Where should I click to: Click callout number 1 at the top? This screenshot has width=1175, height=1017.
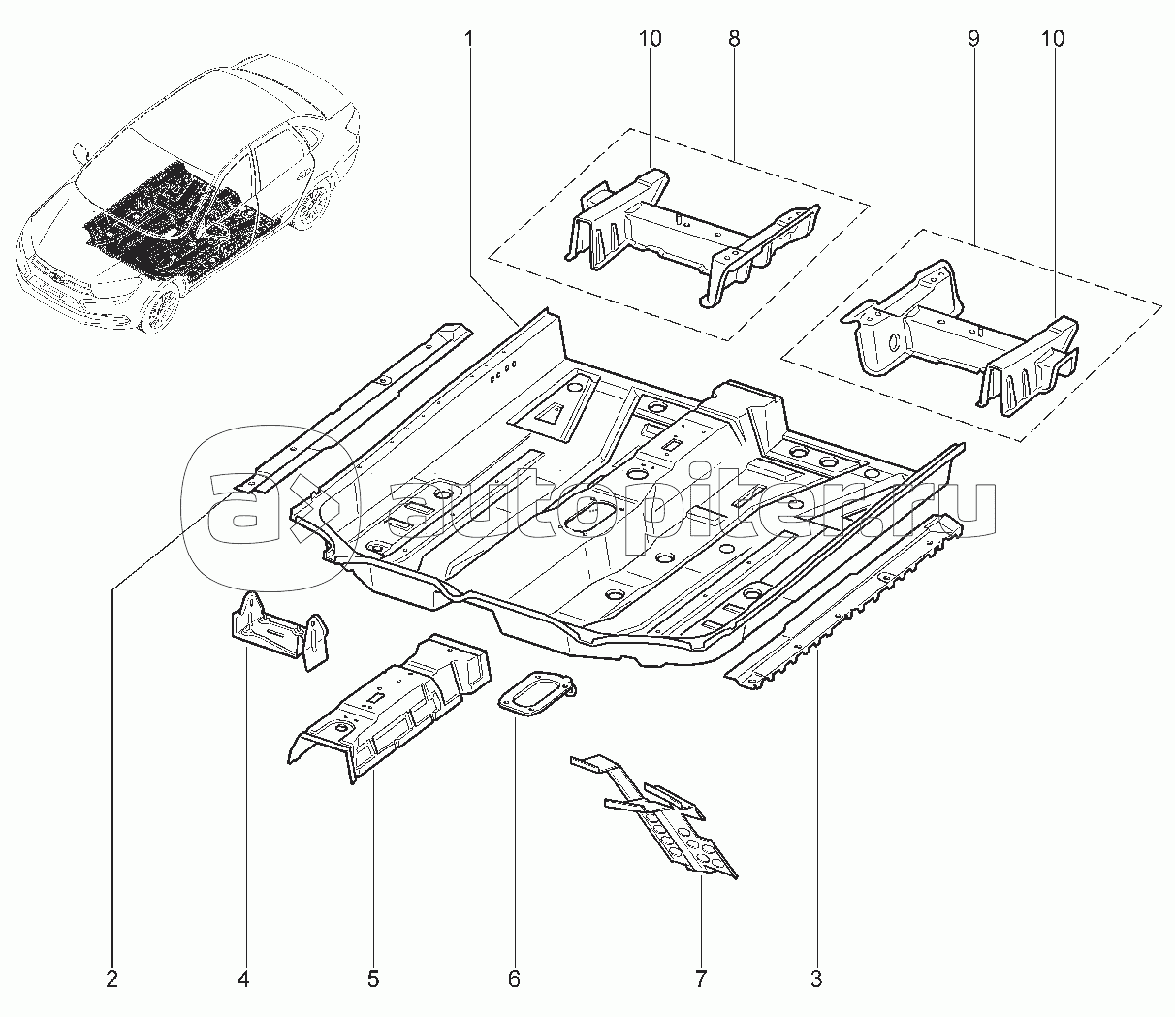coord(469,40)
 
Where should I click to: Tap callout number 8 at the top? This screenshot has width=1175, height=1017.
coord(734,40)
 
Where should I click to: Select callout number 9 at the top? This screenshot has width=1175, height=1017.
coord(972,40)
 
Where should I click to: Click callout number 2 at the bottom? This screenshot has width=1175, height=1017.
coord(112,979)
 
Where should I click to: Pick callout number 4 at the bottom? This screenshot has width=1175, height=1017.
coord(243,979)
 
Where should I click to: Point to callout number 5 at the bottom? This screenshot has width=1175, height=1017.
coord(373,979)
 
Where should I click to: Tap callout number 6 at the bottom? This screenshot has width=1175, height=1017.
coord(514,979)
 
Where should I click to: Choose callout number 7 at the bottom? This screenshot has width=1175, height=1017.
coord(701,979)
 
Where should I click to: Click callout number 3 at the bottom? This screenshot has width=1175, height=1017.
coord(816,979)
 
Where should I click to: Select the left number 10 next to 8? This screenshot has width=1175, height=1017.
coord(650,40)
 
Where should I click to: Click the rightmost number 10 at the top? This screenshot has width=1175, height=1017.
coord(1053,40)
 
